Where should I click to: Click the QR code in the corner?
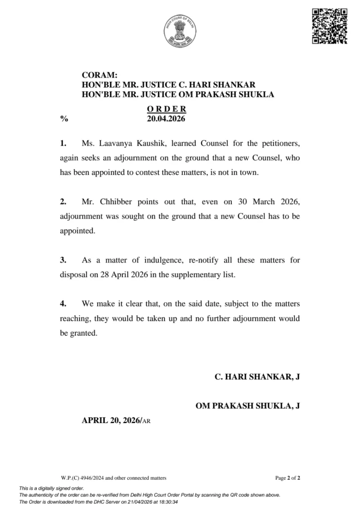point(329,26)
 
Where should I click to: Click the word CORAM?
point(99,76)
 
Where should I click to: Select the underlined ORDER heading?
point(166,109)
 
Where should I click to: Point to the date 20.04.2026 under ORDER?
point(166,119)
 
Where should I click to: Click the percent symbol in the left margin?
point(64,119)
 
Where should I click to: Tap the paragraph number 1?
point(63,143)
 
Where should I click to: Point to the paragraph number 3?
point(63,260)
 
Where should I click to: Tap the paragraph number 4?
point(63,304)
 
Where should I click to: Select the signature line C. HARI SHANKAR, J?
point(257,377)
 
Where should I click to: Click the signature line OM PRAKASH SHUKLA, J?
point(247,406)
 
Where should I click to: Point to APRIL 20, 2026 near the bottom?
point(111,420)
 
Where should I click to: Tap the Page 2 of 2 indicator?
point(288,478)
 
